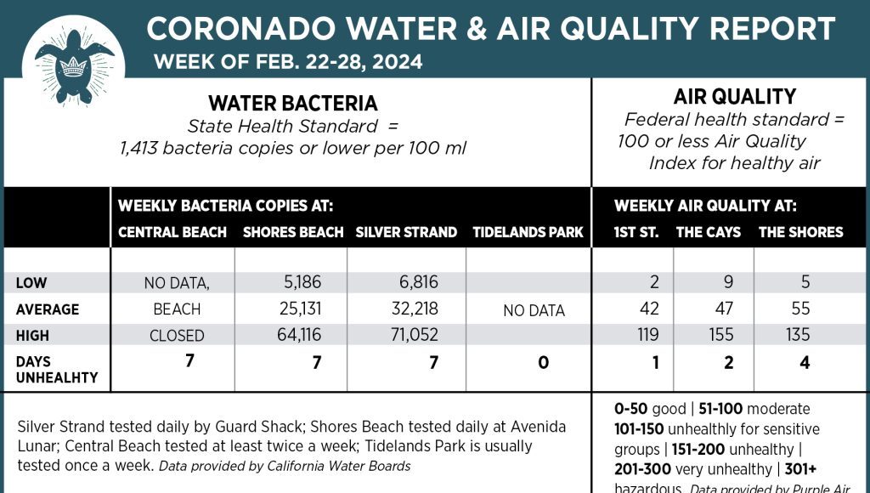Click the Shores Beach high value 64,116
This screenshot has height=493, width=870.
point(298,336)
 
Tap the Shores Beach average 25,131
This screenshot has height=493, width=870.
point(298,309)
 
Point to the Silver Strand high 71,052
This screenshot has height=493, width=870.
point(411,336)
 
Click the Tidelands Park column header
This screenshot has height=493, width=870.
point(528,232)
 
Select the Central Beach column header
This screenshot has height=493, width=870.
point(172,232)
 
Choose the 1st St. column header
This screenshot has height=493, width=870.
point(636,232)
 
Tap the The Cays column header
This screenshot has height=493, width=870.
point(709,232)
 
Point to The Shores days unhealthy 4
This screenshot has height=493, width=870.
point(805,363)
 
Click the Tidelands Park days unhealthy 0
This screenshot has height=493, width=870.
point(543,363)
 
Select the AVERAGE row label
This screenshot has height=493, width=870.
point(48,309)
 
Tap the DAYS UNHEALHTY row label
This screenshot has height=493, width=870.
point(57,370)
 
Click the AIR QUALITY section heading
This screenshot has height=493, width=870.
point(734,97)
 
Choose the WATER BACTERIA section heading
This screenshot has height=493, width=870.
point(293,104)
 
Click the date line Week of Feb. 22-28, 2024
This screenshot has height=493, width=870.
point(288,62)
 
